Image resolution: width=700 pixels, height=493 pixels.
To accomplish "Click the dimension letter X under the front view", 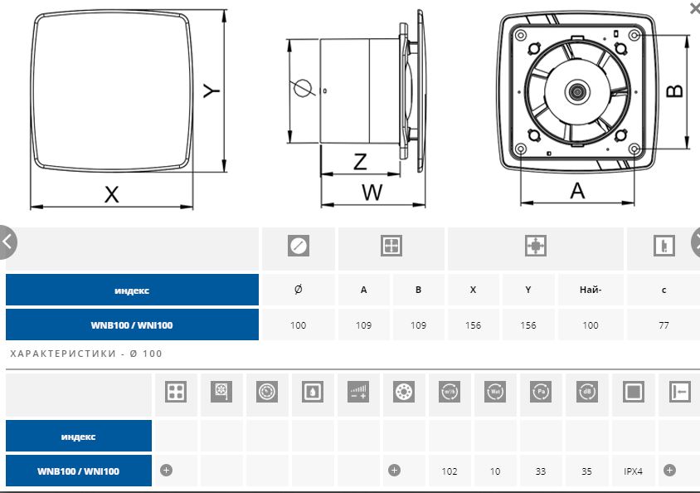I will [x=112, y=194].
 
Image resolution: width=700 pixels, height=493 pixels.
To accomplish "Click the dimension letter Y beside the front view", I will [x=211, y=89].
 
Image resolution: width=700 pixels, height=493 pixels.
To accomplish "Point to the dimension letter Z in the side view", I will [x=360, y=161].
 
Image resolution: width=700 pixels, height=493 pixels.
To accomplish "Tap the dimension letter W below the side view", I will [x=372, y=193].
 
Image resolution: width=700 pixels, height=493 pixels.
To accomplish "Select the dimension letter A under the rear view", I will [x=578, y=190].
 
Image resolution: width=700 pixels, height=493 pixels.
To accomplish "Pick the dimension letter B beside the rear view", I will [x=675, y=89].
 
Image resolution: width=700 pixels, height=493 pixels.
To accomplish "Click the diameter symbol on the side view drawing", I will [x=302, y=87].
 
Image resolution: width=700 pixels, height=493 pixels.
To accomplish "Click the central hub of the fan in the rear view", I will [x=576, y=90].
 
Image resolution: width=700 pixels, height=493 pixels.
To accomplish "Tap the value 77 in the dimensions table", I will [x=664, y=325].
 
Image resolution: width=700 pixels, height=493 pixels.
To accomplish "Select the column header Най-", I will [x=590, y=290].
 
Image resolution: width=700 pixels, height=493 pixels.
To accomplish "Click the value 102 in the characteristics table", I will [x=450, y=471].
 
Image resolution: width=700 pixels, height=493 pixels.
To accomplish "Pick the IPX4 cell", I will [x=634, y=471].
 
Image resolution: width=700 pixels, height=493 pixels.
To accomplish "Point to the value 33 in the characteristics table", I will [x=541, y=471].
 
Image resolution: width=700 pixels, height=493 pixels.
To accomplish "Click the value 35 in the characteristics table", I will [x=587, y=471].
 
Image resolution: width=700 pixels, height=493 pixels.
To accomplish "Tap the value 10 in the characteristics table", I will [x=495, y=471].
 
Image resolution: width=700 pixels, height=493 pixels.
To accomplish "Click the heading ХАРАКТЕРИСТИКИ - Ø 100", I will [x=86, y=354].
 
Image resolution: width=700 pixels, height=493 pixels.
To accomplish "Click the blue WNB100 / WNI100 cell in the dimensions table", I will [x=132, y=325].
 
